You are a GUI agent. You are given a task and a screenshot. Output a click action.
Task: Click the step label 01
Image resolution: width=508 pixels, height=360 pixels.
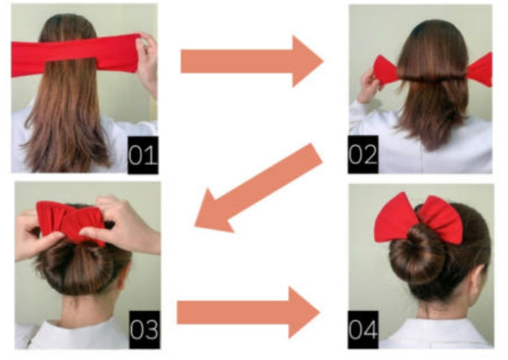click(143, 155)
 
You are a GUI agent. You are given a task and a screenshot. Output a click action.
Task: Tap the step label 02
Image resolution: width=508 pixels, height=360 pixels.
click(363, 155)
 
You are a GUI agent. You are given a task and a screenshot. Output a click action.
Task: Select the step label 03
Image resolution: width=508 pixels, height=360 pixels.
click(144, 329)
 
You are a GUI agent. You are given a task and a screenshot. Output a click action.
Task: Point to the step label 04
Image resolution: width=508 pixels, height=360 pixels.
click(363, 329)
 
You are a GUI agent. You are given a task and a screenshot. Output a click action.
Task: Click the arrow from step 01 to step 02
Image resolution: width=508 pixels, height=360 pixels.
click(252, 61)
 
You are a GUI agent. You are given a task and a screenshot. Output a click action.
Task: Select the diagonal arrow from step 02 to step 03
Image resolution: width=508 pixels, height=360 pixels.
click(259, 188)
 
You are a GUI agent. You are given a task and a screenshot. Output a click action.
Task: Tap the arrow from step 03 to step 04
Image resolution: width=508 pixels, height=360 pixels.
click(248, 313)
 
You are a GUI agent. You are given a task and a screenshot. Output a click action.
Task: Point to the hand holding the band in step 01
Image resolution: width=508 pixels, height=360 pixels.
click(148, 66)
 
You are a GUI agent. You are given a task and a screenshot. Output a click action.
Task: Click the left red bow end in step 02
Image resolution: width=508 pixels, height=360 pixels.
click(386, 71)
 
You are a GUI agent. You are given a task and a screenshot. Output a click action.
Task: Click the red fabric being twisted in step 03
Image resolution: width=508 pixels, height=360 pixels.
click(71, 222)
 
